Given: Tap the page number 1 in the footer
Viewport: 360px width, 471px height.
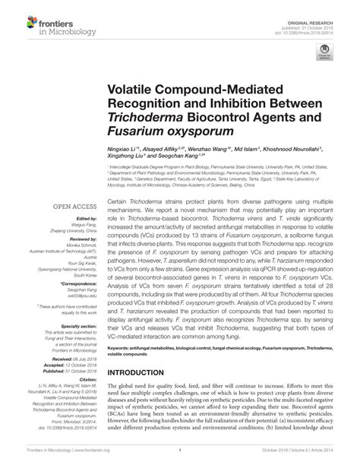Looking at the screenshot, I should (x=180, y=463).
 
